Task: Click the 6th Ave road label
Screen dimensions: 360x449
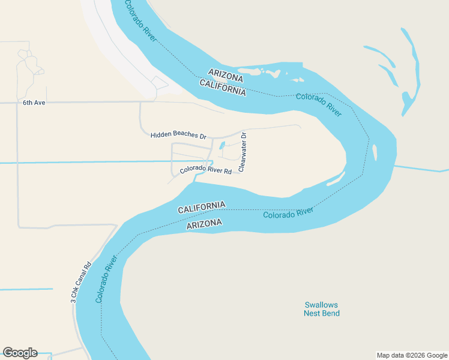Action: coord(34,103)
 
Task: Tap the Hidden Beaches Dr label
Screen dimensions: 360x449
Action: coord(178,135)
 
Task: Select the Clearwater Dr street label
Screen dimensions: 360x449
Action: coord(243,152)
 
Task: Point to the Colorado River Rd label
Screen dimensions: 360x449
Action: coord(206,170)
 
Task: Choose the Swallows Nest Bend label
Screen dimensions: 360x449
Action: coord(321,309)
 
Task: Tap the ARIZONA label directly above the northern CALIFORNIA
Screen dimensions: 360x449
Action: coord(226,78)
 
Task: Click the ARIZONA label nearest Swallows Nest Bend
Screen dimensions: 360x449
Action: coord(204,224)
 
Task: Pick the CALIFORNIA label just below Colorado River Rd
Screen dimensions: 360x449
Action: coord(202,207)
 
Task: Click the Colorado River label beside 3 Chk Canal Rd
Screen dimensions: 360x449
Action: coord(106,280)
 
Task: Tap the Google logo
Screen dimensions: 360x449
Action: coord(20,353)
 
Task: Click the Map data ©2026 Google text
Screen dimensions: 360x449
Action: coord(412,355)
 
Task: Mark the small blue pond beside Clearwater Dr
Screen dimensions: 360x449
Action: coord(222,145)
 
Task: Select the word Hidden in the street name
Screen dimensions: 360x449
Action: coord(161,135)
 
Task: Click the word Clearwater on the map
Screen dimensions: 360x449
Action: coord(242,157)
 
